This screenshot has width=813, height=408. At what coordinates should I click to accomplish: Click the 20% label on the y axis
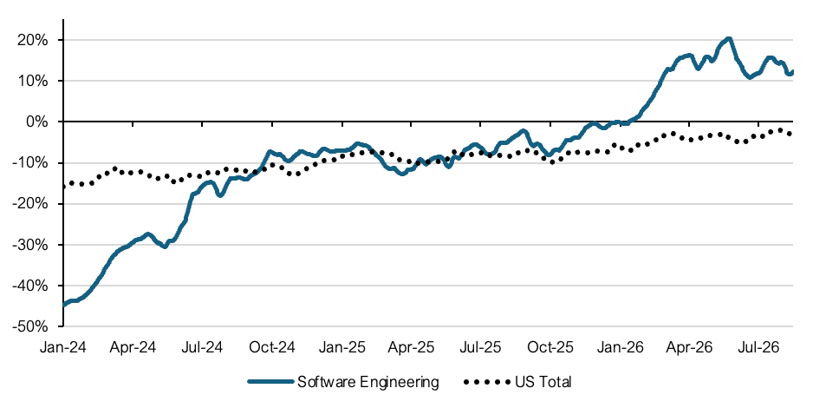[x=33, y=40]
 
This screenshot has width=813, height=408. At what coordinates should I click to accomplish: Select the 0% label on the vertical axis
[x=37, y=122]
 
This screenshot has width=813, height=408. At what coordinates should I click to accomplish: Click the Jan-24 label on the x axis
[x=63, y=347]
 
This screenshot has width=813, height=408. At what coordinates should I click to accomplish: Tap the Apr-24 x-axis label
[x=133, y=347]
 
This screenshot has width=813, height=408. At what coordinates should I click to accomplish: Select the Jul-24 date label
[x=202, y=347]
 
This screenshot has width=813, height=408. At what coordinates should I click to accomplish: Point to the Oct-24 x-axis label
[x=272, y=347]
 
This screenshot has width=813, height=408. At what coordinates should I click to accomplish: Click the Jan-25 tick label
[x=341, y=347]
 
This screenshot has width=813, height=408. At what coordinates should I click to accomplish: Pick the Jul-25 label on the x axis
[x=480, y=347]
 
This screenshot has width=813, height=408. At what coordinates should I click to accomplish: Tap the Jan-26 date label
[x=620, y=347]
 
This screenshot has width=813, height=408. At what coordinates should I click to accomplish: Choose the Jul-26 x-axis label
[x=758, y=347]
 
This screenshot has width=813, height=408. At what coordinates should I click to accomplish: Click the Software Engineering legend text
[x=368, y=383]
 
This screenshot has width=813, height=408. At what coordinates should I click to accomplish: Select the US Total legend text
[x=543, y=383]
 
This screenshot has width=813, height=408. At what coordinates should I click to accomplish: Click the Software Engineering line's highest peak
[x=728, y=38]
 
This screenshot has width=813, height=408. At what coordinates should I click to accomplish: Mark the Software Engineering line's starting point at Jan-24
[x=64, y=305]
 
